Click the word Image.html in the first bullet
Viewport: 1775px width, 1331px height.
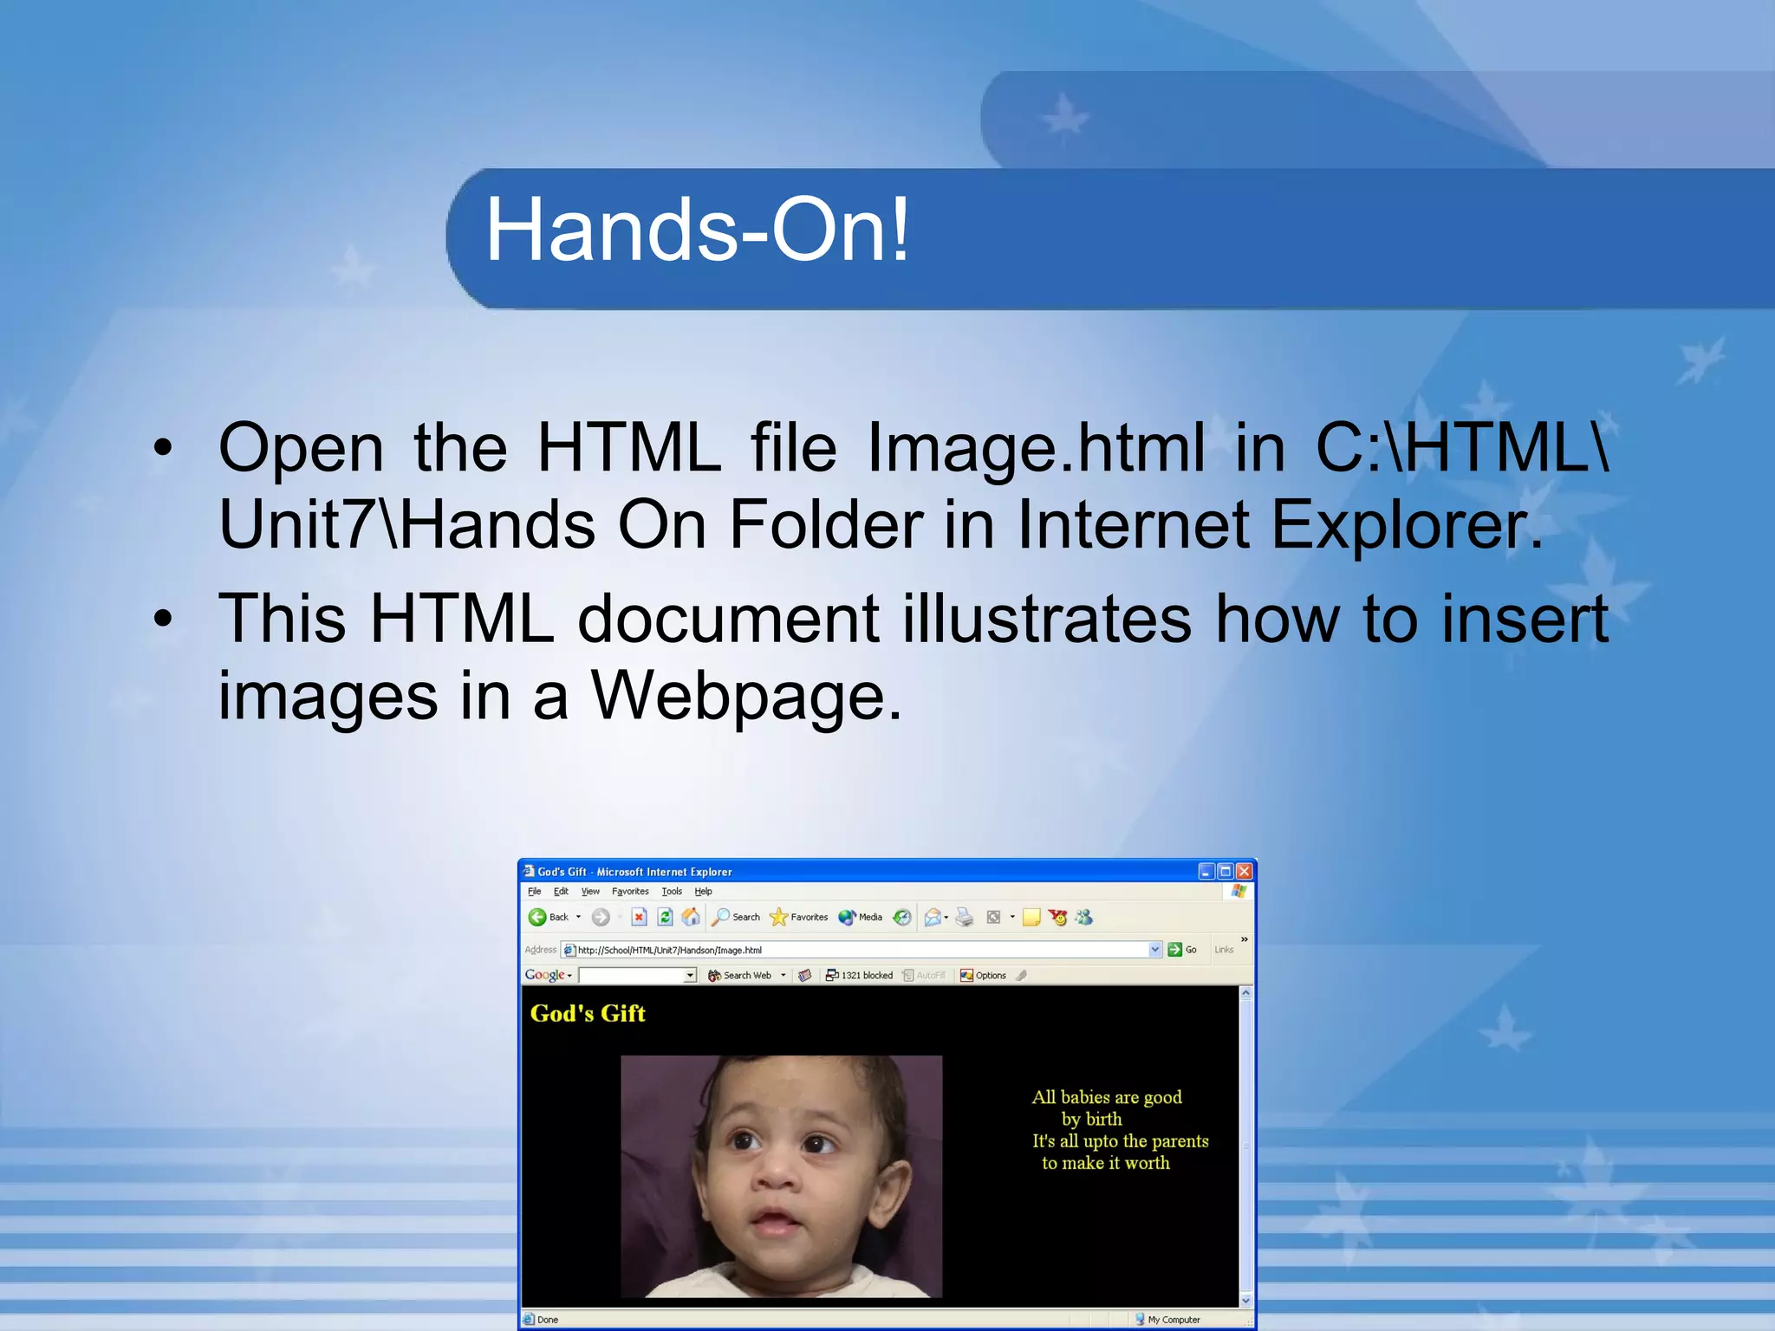pyautogui.click(x=1036, y=448)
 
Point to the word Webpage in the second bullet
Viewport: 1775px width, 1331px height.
pyautogui.click(x=745, y=696)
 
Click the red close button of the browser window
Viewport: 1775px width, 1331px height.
pyautogui.click(x=1245, y=871)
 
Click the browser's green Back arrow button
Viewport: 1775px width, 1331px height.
pyautogui.click(x=537, y=917)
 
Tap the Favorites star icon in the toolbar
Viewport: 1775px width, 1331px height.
pyautogui.click(x=778, y=917)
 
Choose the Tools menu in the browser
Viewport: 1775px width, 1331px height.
pyautogui.click(x=672, y=891)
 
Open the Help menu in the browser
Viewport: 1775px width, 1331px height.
pyautogui.click(x=703, y=891)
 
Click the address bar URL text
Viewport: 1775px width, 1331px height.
pyautogui.click(x=669, y=950)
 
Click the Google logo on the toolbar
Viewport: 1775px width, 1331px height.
pyautogui.click(x=544, y=975)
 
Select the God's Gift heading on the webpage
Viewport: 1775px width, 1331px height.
pyautogui.click(x=588, y=1013)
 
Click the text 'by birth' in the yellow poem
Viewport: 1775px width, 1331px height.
pyautogui.click(x=1091, y=1119)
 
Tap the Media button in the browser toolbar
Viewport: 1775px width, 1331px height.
pyautogui.click(x=861, y=917)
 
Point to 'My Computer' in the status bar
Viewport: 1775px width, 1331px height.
pyautogui.click(x=1173, y=1320)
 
